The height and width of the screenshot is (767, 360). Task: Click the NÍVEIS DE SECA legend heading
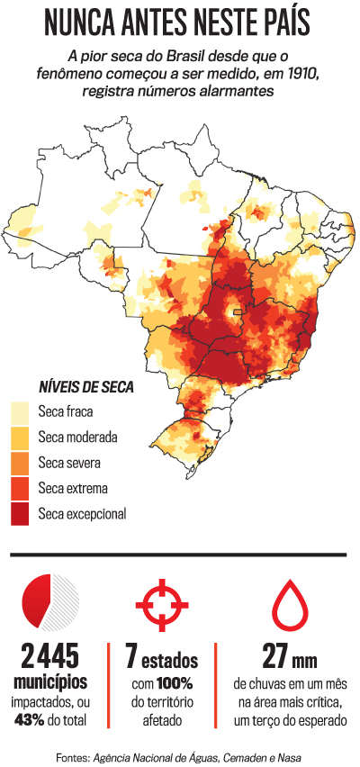click(85, 388)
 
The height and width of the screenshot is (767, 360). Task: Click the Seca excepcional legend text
click(82, 514)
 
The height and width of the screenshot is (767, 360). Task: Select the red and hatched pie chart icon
click(50, 601)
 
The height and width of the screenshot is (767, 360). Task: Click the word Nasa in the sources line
click(289, 757)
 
